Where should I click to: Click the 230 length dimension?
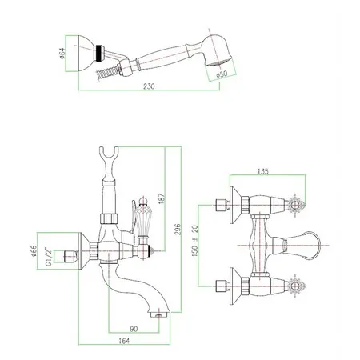pos(149,86)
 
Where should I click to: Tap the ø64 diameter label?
pos(62,54)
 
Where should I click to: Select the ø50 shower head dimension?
pos(222,74)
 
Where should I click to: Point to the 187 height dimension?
pos(162,198)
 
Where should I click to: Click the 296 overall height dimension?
pos(178,230)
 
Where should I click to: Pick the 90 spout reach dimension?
pos(134,329)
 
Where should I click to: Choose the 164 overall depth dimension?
pos(124,341)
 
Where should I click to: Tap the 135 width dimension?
pos(263,171)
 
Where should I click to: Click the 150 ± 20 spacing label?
pos(195,241)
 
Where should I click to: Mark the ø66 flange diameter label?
pos(34,251)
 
